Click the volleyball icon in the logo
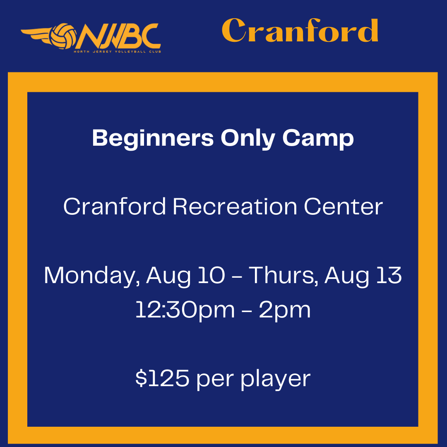[63, 36]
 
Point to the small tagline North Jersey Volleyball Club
[118, 52]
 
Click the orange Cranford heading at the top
[300, 30]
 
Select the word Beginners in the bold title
[153, 139]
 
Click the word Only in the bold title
[248, 139]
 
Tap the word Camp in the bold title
[318, 139]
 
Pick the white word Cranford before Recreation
[115, 207]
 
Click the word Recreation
[235, 207]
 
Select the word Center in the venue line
[344, 207]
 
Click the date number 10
[211, 275]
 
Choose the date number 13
[389, 275]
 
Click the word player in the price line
[276, 379]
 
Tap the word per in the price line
[215, 380]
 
